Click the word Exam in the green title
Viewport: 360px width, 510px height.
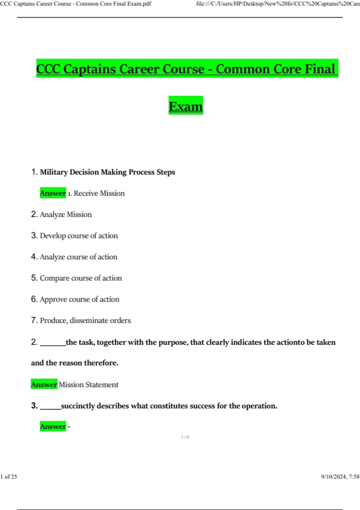tap(186, 106)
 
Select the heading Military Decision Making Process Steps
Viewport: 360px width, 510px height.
tap(107, 172)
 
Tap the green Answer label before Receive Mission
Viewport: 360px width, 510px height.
tap(53, 193)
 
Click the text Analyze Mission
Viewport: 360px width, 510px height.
tap(66, 214)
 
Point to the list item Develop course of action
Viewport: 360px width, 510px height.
tap(79, 236)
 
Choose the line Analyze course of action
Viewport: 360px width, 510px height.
tap(78, 257)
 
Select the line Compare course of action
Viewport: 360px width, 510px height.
tap(81, 278)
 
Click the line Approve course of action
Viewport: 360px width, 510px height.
tap(79, 299)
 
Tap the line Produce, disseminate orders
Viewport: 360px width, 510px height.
tap(85, 320)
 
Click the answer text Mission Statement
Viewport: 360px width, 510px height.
tap(88, 385)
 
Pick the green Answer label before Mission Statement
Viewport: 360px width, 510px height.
tap(44, 385)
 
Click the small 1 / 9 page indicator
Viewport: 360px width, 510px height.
tap(185, 437)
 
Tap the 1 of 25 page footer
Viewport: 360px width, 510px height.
tap(9, 476)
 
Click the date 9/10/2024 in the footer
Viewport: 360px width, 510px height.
tap(334, 476)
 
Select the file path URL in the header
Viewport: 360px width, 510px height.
tap(278, 4)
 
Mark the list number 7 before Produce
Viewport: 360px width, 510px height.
tap(34, 320)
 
